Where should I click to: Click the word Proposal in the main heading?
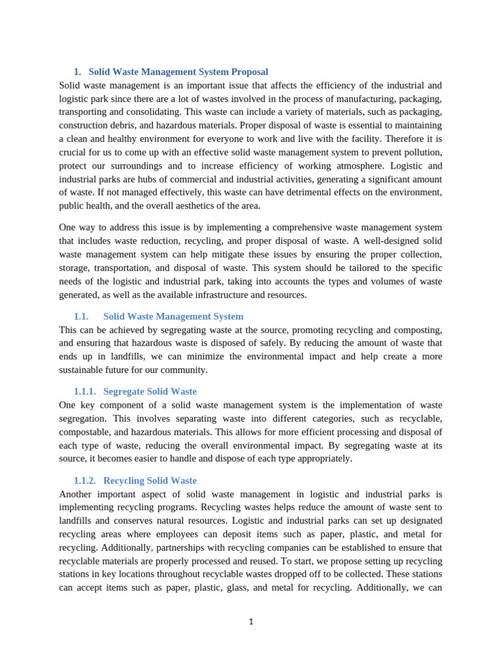coord(250,72)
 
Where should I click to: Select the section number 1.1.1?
coord(85,391)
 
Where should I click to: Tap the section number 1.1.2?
coord(85,480)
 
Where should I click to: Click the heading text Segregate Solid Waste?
coord(150,391)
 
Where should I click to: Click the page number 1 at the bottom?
coord(251,621)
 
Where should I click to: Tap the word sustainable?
coord(82,370)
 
